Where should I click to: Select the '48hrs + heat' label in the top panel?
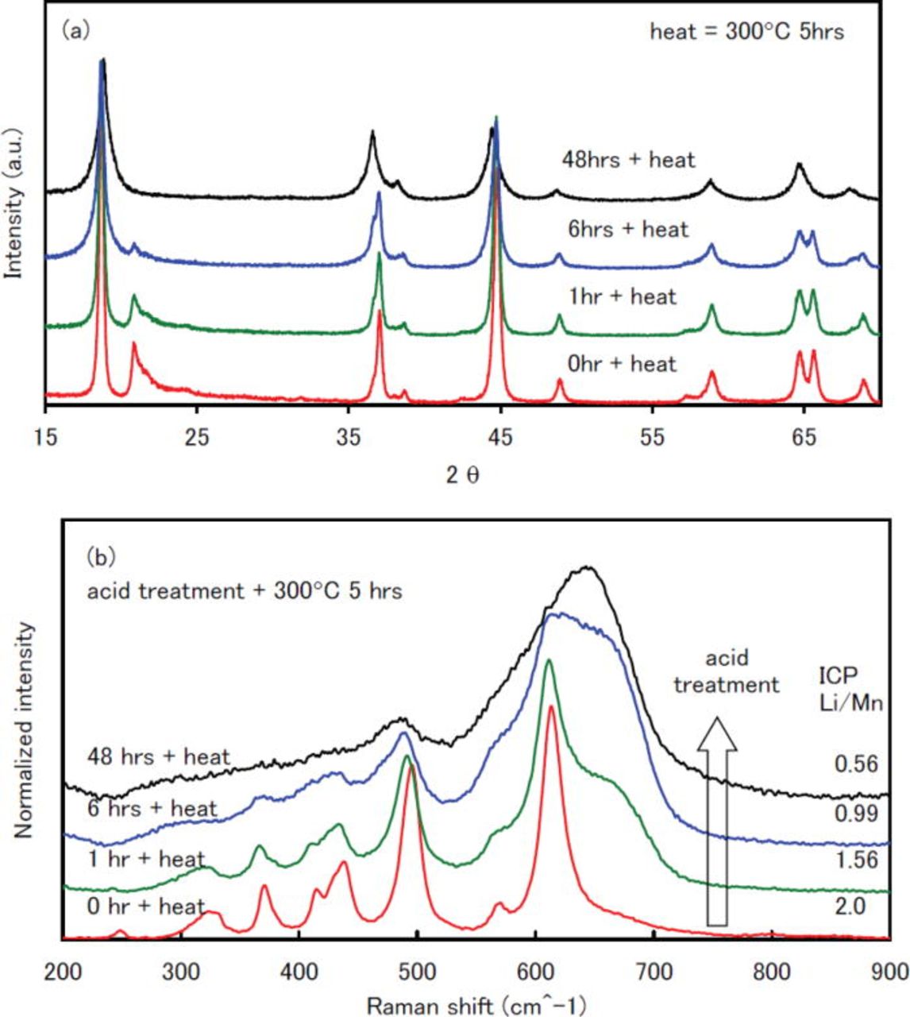point(627,160)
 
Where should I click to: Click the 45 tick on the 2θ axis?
point(500,436)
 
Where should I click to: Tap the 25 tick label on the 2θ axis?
point(197,436)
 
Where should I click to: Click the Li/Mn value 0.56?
point(855,764)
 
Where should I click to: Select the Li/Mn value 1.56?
point(855,860)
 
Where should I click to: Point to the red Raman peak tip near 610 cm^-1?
point(551,706)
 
